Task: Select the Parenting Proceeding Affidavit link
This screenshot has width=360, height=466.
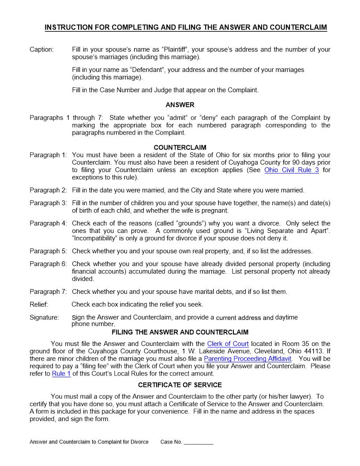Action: (x=247, y=359)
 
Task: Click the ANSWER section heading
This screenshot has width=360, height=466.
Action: (x=180, y=105)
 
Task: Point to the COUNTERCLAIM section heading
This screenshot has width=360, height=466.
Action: (x=180, y=147)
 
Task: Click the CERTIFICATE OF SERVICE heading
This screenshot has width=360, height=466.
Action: (x=180, y=385)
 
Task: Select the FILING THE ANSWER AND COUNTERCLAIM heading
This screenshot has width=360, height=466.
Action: (x=180, y=332)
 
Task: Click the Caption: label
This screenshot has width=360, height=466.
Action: (x=41, y=49)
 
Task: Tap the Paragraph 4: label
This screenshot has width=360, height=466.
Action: (x=48, y=223)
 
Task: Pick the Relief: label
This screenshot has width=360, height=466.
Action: (x=39, y=304)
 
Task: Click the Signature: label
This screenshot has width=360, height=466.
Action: (x=44, y=317)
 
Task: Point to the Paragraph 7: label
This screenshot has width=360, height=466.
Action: (x=48, y=292)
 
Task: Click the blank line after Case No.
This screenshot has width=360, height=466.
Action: (x=199, y=442)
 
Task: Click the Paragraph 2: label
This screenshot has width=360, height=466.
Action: (x=48, y=190)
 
